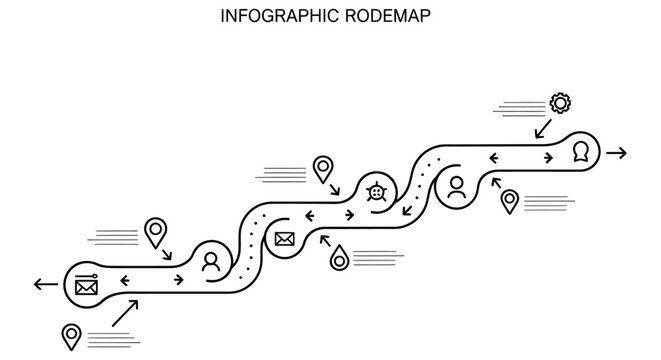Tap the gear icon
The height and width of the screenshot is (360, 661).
[560, 102]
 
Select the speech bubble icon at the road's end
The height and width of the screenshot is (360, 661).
[581, 153]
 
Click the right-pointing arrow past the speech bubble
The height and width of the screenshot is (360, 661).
[616, 153]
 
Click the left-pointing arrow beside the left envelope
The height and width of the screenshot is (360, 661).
[45, 285]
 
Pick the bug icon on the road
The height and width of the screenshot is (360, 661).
[376, 190]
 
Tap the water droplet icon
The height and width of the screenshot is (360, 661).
[340, 257]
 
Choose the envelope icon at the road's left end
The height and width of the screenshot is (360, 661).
[86, 286]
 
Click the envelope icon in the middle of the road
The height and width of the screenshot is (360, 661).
[284, 238]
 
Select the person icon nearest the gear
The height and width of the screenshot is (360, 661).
[456, 187]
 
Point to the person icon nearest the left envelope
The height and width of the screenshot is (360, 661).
[210, 262]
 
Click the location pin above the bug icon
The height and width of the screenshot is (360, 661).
[323, 168]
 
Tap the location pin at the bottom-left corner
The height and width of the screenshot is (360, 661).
[71, 335]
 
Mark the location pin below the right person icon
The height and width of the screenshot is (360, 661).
[510, 201]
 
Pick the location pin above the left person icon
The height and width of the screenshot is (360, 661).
[154, 231]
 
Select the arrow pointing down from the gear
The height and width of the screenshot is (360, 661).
[543, 129]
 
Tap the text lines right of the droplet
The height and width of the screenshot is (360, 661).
[374, 257]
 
